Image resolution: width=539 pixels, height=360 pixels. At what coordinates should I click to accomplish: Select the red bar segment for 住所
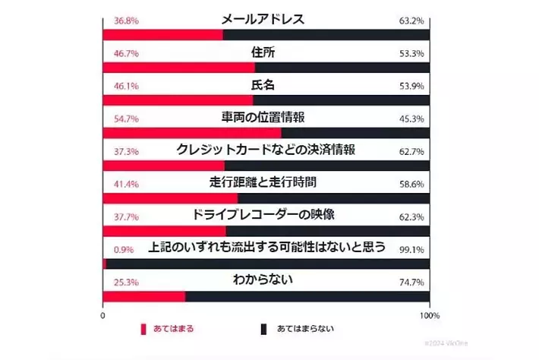pos(178,68)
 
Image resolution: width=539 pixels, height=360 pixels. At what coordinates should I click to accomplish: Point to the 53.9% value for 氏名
pos(411,86)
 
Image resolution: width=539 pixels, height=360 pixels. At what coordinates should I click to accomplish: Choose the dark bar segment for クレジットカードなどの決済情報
pos(326,166)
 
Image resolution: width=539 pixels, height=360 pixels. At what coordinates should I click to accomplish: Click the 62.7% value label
pos(411,151)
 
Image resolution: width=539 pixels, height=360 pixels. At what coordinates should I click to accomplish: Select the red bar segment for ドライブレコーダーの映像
pos(164,230)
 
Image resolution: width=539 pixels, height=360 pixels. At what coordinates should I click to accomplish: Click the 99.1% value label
pos(411,249)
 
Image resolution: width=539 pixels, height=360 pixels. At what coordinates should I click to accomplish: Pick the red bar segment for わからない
pos(143,296)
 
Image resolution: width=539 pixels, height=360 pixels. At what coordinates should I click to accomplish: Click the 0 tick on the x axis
pos(102,315)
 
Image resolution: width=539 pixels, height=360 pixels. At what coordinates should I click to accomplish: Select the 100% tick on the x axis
pos(429,315)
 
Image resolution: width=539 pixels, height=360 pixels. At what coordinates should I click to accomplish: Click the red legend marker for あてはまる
pos(142,330)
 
